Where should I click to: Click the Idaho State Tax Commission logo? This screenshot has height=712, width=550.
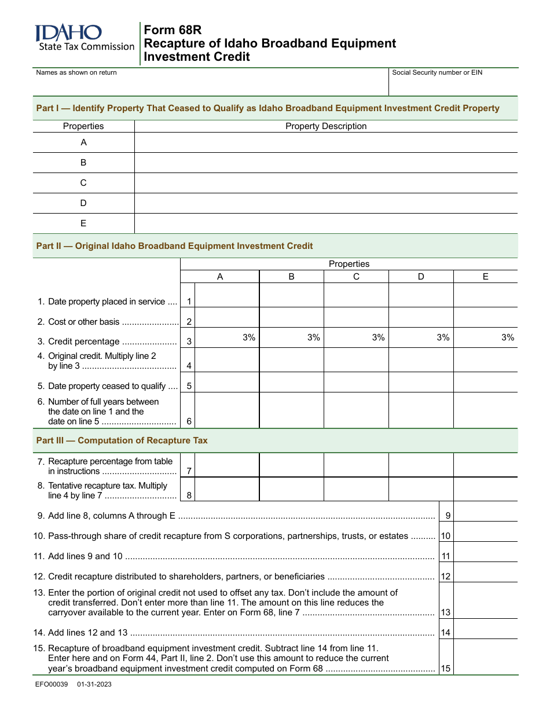[85, 38]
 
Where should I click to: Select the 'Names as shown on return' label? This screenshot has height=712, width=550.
[76, 72]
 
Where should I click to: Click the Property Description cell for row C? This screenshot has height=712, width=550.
[326, 183]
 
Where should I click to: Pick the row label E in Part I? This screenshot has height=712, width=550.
[83, 223]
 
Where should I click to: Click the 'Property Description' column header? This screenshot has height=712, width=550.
[326, 126]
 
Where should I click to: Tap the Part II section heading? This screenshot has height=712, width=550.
[174, 246]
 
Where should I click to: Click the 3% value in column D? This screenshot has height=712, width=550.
[443, 337]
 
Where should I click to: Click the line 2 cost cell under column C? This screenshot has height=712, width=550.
[356, 317]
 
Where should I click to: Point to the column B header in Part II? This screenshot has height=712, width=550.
[291, 277]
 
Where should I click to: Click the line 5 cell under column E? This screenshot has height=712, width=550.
[485, 382]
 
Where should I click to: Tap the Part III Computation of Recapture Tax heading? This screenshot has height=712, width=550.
[122, 441]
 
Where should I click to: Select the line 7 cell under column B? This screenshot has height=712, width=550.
[291, 465]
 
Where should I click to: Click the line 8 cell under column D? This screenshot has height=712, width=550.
[421, 490]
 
